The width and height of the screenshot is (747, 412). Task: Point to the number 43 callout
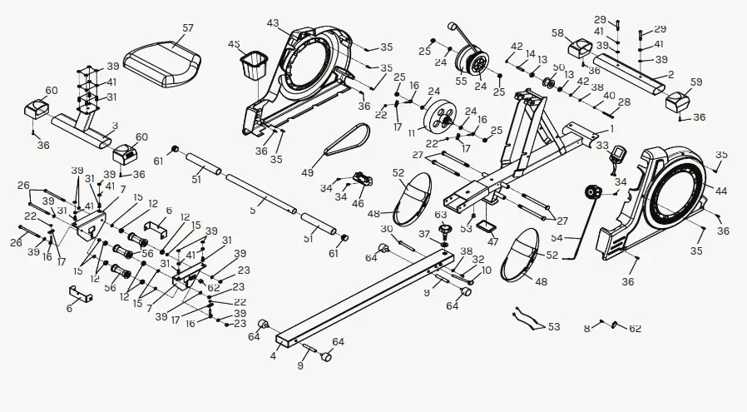click(x=273, y=22)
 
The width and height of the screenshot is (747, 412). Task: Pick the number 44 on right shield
click(x=720, y=191)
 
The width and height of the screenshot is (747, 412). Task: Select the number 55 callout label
click(x=461, y=82)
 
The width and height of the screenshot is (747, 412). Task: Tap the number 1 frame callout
click(x=612, y=129)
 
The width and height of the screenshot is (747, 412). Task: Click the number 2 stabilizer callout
click(x=670, y=75)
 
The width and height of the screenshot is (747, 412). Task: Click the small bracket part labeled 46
click(x=363, y=179)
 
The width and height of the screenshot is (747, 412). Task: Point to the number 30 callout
click(x=386, y=229)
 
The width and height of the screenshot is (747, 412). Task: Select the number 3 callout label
click(x=114, y=126)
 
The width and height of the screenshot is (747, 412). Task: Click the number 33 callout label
click(x=602, y=145)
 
